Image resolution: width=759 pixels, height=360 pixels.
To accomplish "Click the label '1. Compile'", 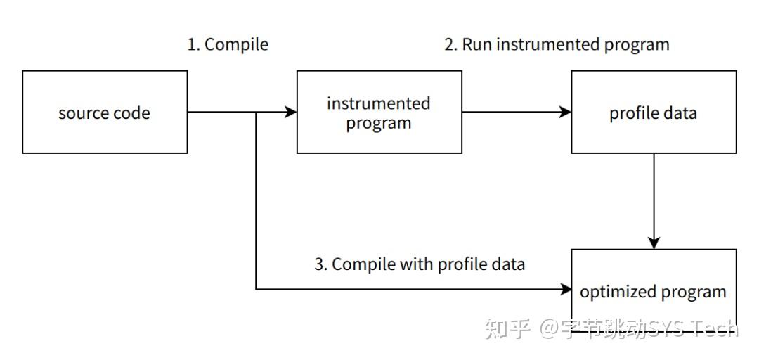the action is coord(228,44).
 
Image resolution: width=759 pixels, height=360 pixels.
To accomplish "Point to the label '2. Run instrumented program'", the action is coord(557,44).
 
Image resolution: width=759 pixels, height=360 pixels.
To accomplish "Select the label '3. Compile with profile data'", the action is coord(420,264).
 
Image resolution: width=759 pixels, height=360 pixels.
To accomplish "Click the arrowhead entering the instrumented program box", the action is coord(290,112).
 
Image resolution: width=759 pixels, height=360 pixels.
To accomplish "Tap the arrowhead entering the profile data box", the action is coord(565,112).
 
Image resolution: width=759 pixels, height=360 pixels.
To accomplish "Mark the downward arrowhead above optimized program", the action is coord(654,243).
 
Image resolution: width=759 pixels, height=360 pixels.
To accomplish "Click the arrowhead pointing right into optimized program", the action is coord(565,289).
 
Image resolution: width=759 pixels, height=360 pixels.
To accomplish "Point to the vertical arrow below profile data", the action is coord(654,201).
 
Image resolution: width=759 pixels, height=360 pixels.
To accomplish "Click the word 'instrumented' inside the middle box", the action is coord(379,103).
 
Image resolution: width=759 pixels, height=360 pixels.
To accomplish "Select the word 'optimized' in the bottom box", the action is coord(613,292).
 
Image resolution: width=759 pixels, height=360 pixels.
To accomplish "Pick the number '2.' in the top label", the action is coord(450,44).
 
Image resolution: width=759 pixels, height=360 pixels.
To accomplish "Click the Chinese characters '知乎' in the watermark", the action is coord(507,328).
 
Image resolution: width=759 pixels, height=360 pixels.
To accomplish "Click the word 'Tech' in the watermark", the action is coord(716,328).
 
